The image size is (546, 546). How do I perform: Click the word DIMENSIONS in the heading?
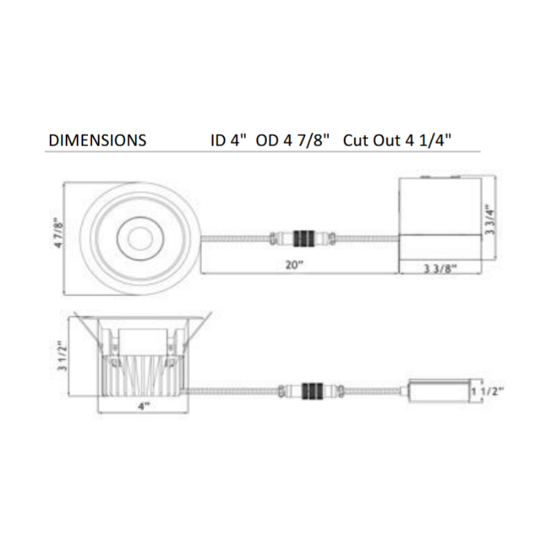[98, 141]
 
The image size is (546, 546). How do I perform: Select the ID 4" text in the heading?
[229, 141]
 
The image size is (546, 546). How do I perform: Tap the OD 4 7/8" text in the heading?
[293, 141]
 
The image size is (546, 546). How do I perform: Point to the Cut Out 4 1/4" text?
[397, 141]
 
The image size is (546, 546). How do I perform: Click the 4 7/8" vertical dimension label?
[59, 233]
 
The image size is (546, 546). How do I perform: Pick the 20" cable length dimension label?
[295, 265]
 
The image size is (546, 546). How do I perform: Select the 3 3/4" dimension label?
[490, 219]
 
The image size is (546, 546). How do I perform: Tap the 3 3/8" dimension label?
[440, 268]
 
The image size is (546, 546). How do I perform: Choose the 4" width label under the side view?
[144, 405]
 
